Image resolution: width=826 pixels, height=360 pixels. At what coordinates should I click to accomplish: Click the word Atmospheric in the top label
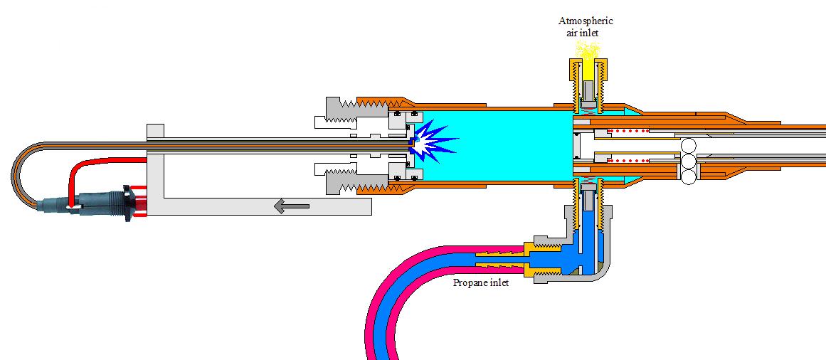[x=586, y=21]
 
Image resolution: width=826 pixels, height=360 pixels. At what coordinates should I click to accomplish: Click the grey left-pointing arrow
[x=292, y=206]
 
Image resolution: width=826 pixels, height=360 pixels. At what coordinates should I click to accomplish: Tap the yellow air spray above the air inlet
[x=588, y=50]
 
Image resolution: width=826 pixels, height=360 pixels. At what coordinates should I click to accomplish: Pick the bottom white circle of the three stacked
[x=688, y=178]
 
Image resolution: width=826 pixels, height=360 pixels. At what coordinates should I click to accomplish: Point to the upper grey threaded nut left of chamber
[x=339, y=110]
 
